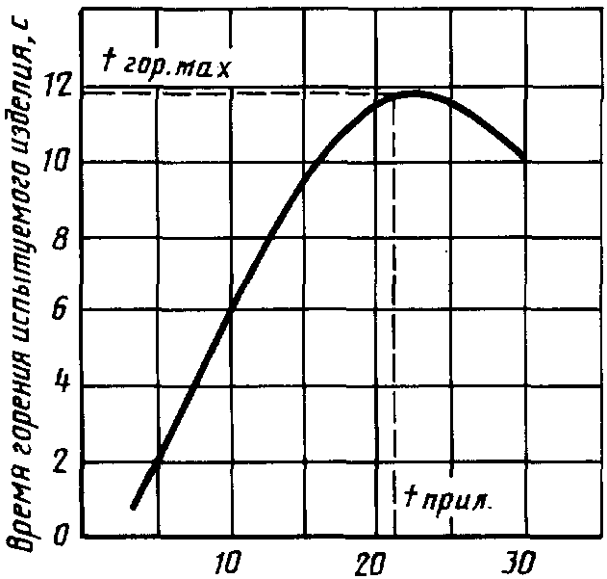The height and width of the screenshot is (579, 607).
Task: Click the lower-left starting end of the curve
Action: pos(135,505)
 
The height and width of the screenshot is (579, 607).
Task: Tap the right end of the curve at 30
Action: pos(522,155)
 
